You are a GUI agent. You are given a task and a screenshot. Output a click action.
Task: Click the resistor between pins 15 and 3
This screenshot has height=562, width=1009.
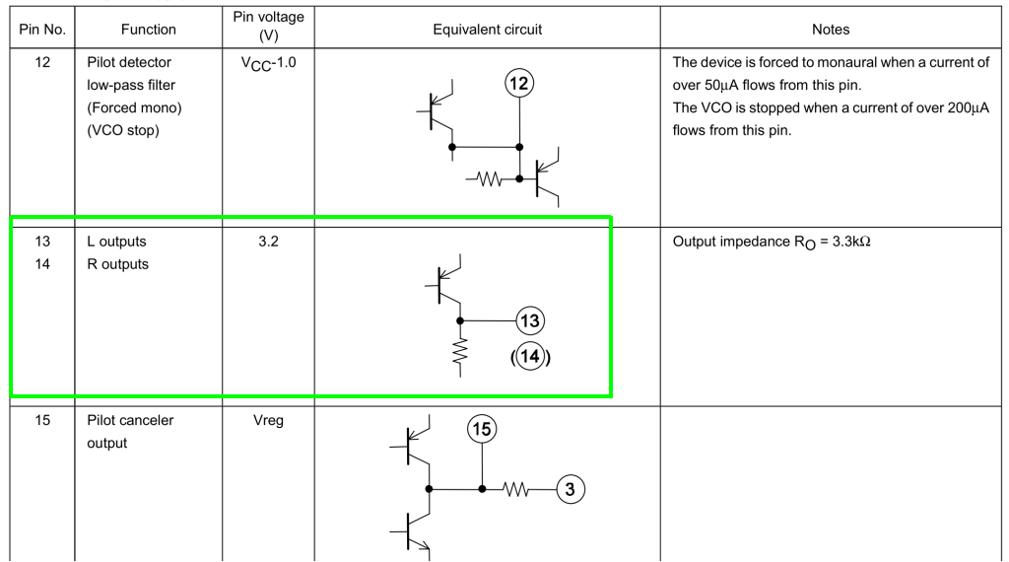(x=523, y=488)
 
